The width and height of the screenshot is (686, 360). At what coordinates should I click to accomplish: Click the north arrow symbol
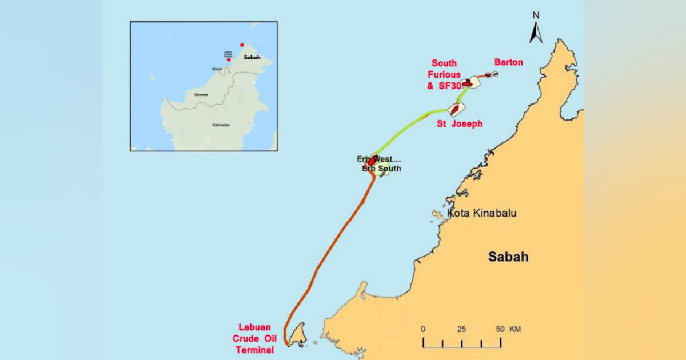pos(536,33)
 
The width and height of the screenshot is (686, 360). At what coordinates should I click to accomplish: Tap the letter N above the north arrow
pos(536,15)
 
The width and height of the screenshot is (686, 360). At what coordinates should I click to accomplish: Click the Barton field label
pos(508,62)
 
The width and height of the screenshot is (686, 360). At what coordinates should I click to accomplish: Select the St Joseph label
pos(459,123)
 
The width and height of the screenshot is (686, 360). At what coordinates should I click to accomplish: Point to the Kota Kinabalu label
pos(482,213)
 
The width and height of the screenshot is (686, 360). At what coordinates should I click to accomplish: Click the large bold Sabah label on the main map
pos(508,257)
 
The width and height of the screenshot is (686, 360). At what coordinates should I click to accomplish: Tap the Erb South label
pos(381,169)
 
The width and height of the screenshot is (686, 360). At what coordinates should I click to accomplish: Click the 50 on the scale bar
pos(500,330)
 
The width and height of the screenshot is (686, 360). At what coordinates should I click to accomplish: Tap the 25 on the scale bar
pos(461,330)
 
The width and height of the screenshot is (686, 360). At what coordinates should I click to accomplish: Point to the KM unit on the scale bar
pos(515,330)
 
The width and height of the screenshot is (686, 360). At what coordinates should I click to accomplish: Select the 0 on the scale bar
pos(423,330)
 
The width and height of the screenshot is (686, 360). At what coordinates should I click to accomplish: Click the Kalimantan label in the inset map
pos(220,125)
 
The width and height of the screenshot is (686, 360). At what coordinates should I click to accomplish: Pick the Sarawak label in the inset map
pos(201,94)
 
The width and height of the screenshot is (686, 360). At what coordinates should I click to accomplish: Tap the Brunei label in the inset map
pos(217,69)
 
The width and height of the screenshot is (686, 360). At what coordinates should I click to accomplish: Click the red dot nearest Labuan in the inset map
pos(229,59)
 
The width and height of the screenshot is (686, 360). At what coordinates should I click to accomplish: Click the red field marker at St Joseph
pos(455,108)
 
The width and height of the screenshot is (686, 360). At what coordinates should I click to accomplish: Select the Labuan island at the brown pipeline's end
pos(297,335)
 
